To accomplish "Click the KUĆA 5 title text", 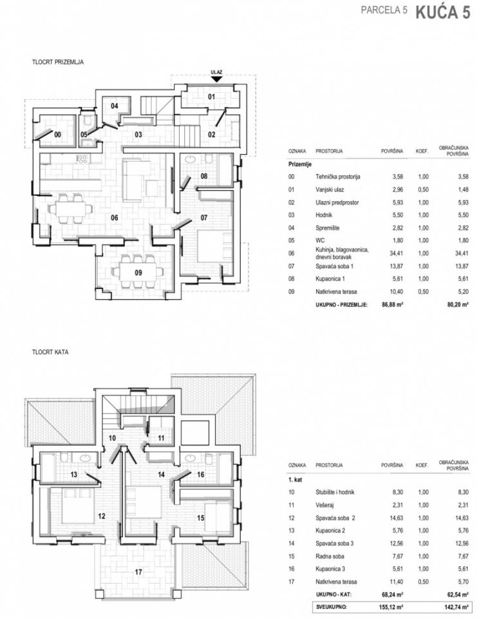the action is (443, 12).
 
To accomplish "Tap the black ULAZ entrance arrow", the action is (216, 79).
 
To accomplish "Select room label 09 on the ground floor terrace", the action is (138, 272).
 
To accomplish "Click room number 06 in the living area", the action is (115, 217).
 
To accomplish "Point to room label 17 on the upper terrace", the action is (138, 571).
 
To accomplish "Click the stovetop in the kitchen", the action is (82, 159).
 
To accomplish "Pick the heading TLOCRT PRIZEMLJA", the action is (58, 62).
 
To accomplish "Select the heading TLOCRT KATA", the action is (50, 352).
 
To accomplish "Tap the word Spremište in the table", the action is (327, 228).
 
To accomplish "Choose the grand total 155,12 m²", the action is (389, 607).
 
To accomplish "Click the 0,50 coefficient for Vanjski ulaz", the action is (423, 190).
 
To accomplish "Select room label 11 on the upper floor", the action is (161, 438).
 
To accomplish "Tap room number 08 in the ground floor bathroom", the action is (204, 176).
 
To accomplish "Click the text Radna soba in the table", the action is (330, 556).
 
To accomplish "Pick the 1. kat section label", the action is (295, 480).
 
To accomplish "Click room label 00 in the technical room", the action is (57, 135).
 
